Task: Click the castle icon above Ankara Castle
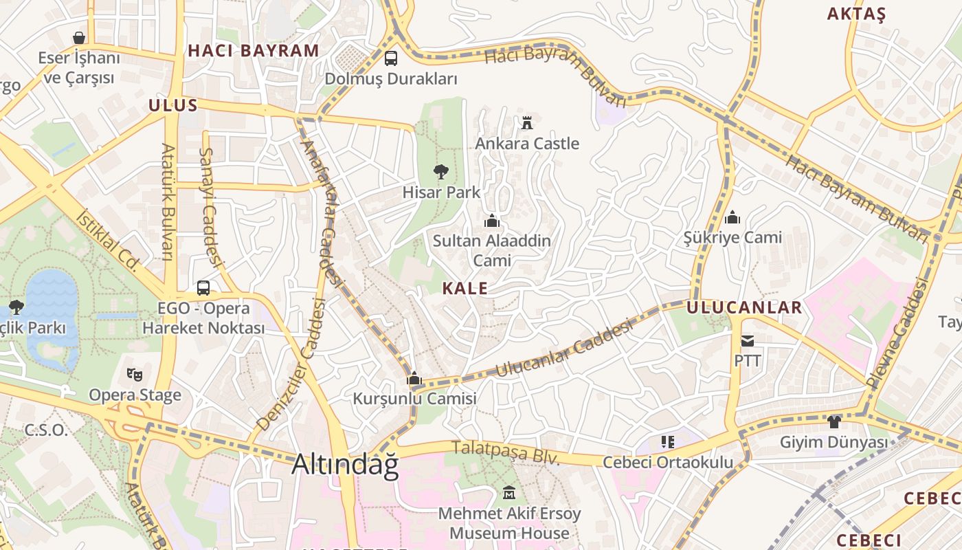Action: pos(527,123)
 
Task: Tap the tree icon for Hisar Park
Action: pos(440,172)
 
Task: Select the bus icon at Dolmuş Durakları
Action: pos(391,58)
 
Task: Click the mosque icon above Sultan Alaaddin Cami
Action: pos(491,221)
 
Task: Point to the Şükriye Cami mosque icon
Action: pos(732,217)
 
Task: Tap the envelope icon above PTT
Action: pos(748,340)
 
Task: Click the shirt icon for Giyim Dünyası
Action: pos(834,421)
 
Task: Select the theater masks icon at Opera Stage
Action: pos(135,375)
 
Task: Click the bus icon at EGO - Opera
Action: pos(203,288)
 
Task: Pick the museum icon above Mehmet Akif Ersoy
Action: pos(509,493)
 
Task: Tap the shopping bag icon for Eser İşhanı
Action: pos(79,37)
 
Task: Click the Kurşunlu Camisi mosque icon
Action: pos(414,378)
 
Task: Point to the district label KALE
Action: pos(465,289)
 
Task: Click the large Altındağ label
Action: pos(345,465)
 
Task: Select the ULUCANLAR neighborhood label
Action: pos(744,307)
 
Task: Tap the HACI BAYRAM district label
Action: pos(254,50)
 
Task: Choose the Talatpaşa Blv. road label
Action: pos(506,454)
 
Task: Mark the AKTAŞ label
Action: pos(856,14)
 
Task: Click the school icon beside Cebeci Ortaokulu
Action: pos(667,441)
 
